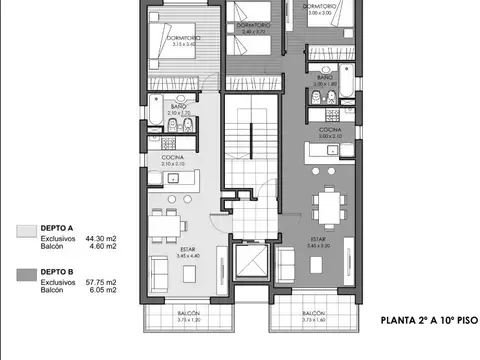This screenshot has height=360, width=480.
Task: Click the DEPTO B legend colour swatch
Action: (27, 273)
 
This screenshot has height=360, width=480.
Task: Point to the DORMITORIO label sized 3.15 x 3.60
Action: (182, 39)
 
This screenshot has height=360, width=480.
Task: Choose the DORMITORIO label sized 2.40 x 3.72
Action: (255, 28)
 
